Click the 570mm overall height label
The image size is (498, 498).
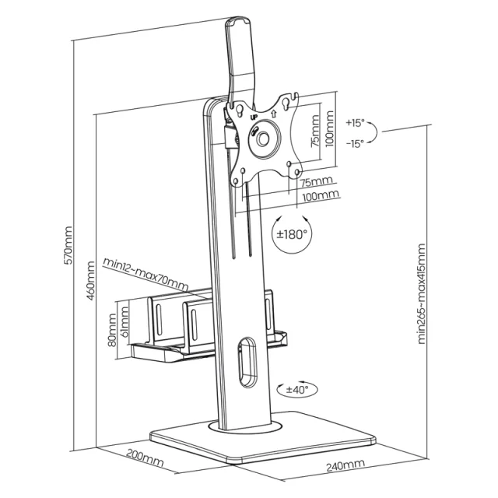pos(68,245)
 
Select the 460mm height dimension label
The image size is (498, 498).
pos(90,281)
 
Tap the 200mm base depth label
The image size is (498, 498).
pos(145,458)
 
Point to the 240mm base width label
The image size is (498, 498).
pos(345,465)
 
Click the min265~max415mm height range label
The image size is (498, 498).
pos(421,294)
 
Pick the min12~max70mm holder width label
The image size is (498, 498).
pos(146,274)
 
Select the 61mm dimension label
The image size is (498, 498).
pos(124,321)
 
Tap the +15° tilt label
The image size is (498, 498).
pos(356,123)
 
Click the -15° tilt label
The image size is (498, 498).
pos(355,143)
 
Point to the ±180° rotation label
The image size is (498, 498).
pos(293,234)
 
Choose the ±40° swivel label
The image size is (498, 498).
pos(297,389)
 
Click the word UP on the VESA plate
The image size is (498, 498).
pos(254,117)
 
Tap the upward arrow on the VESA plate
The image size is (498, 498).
pos(273,113)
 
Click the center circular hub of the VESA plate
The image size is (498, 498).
pos(263,139)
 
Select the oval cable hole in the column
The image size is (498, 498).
pos(247,362)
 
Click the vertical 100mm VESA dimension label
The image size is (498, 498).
pos(330,128)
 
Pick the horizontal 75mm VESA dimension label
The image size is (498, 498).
pos(317,182)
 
